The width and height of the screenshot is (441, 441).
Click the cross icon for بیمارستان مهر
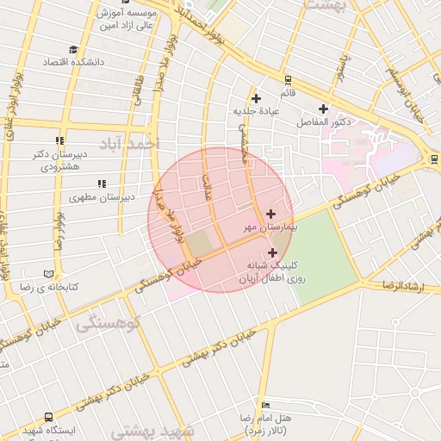[271, 213]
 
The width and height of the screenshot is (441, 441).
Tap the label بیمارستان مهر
[251, 228]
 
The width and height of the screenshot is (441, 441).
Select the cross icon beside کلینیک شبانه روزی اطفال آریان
[273, 252]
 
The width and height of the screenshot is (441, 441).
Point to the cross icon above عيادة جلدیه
[256, 98]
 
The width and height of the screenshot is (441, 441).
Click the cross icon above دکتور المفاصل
[323, 109]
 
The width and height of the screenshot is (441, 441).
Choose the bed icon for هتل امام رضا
[266, 405]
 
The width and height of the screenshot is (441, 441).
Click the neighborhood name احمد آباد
[130, 143]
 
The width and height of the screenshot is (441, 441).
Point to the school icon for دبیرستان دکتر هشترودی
[59, 141]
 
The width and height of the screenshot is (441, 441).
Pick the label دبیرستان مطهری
[102, 197]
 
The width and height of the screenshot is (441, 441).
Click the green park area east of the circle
[324, 250]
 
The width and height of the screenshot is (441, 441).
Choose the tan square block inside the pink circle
[199, 244]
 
